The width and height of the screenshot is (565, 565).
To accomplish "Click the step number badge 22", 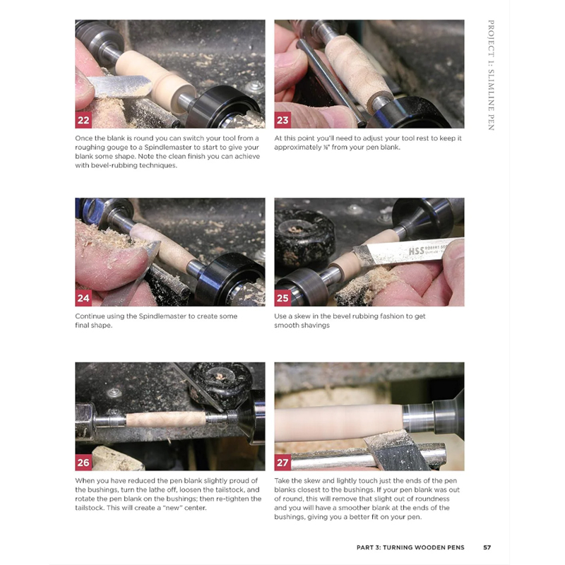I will [84, 119].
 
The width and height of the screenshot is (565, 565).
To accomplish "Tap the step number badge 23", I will [283, 119].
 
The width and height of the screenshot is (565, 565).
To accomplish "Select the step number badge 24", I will [84, 298].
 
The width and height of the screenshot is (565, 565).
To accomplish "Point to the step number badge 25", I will [283, 298].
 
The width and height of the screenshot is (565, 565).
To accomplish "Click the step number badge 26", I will [84, 463].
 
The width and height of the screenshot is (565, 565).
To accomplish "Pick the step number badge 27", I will [283, 463].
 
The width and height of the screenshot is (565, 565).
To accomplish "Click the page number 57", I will [487, 547].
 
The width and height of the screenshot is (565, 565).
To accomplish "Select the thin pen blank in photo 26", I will [166, 420].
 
